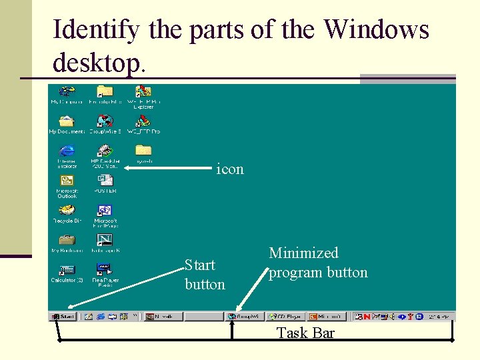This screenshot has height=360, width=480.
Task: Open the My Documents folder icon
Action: coord(67,121)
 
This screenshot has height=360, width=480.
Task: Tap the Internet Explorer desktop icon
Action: coord(67,151)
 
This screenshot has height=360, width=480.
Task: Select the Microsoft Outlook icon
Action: coord(67,181)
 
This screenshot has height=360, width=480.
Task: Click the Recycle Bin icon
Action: coord(67,210)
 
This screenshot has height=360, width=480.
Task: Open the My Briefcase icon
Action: coord(67,239)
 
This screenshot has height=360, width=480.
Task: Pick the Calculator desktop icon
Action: coord(67,269)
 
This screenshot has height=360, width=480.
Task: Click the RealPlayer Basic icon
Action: coord(105,269)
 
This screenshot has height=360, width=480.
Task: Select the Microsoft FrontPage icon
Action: coord(105,210)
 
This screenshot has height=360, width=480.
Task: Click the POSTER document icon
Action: coord(105,181)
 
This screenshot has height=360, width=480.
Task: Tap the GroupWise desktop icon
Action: coord(105,121)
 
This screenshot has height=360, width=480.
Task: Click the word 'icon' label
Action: coord(230,169)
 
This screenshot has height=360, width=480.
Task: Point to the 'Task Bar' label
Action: coord(305,333)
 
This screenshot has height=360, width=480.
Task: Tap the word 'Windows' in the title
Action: coord(376,29)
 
